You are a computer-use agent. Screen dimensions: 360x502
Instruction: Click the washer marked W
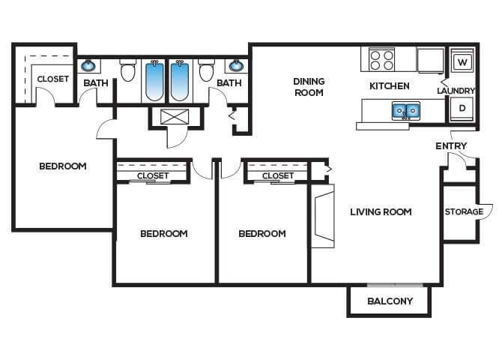pyautogui.click(x=462, y=61)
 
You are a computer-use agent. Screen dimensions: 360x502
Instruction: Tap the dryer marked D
pyautogui.click(x=462, y=109)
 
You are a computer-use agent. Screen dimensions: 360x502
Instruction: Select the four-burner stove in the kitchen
pyautogui.click(x=381, y=59)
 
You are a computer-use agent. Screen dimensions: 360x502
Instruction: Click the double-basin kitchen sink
pyautogui.click(x=405, y=112)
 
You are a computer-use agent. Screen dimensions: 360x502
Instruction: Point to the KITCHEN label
pyautogui.click(x=389, y=86)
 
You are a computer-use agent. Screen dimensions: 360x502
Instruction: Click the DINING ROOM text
pyautogui.click(x=308, y=87)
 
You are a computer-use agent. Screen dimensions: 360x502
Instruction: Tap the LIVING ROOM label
pyautogui.click(x=381, y=211)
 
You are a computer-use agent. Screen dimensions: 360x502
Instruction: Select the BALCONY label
pyautogui.click(x=390, y=301)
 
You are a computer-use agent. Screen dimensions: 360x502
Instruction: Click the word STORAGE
pyautogui.click(x=464, y=211)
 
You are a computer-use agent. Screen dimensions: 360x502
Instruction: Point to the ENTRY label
pyautogui.click(x=451, y=145)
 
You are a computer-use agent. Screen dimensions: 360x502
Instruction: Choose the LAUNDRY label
pyautogui.click(x=456, y=91)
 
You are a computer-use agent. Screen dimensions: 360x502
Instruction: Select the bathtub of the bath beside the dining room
pyautogui.click(x=181, y=80)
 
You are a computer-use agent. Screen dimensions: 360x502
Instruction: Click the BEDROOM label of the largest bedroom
pyautogui.click(x=63, y=166)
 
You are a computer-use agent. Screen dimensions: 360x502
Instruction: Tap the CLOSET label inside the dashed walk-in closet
pyautogui.click(x=52, y=79)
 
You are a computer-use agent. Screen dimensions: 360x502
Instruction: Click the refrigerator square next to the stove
pyautogui.click(x=430, y=59)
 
